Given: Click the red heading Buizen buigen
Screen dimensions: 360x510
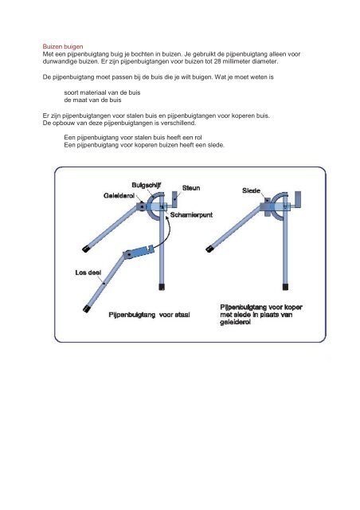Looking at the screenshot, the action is pos(63,46).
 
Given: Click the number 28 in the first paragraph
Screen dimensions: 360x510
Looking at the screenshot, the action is pos(217,61).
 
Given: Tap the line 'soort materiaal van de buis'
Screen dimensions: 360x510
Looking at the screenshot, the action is pos(102,92).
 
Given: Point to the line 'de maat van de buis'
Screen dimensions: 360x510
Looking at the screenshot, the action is pos(92,100).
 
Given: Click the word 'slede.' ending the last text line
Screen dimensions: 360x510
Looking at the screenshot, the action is pos(216,145).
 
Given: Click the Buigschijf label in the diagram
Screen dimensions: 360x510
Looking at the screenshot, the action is pos(147,185).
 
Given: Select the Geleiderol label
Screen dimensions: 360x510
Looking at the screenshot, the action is pos(119,195).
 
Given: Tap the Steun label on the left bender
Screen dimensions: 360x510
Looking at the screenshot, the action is pos(191,188).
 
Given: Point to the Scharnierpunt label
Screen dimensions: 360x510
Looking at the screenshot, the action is pos(191,214).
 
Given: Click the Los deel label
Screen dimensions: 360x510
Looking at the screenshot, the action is pos(88,273).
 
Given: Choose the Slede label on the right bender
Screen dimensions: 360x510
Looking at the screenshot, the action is pos(251,191).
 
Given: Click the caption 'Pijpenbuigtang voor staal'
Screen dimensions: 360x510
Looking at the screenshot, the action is pos(149,315).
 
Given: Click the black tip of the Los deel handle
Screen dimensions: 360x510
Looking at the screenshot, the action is pos(87,308).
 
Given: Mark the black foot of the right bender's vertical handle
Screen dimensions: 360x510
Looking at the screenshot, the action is pos(285,287).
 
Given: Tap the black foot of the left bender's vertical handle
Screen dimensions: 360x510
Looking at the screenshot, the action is pos(162,287).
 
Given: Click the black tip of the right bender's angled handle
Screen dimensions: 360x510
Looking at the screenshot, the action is pos(209,249).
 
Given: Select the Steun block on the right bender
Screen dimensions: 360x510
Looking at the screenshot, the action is pos(297,198).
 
